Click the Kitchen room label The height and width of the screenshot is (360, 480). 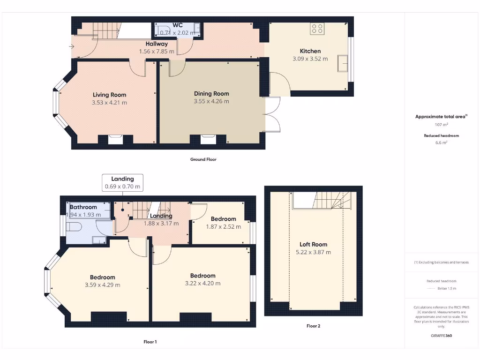pyautogui.click(x=310, y=51)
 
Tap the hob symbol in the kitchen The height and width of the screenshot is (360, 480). pyautogui.click(x=317, y=29)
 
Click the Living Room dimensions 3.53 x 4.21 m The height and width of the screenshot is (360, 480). pyautogui.click(x=109, y=102)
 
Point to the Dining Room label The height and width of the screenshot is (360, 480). pyautogui.click(x=211, y=94)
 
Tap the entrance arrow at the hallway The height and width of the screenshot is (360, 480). pyautogui.click(x=71, y=46)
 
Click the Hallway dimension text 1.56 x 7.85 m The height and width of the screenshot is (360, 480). pyautogui.click(x=157, y=52)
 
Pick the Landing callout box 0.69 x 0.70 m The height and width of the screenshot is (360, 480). pyautogui.click(x=122, y=182)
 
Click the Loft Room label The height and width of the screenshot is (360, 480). pyautogui.click(x=314, y=244)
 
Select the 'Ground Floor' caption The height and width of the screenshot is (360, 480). pyautogui.click(x=203, y=159)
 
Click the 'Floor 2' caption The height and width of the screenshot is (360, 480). pyautogui.click(x=313, y=326)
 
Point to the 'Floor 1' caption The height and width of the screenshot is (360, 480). pyautogui.click(x=150, y=342)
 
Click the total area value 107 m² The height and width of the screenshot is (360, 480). pyautogui.click(x=441, y=125)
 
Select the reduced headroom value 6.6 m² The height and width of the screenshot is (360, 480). pyautogui.click(x=441, y=142)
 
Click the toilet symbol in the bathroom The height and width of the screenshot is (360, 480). pyautogui.click(x=74, y=228)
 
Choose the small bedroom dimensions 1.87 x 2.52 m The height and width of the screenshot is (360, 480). pyautogui.click(x=224, y=227)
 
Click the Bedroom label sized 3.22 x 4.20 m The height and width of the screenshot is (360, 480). pyautogui.click(x=202, y=276)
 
